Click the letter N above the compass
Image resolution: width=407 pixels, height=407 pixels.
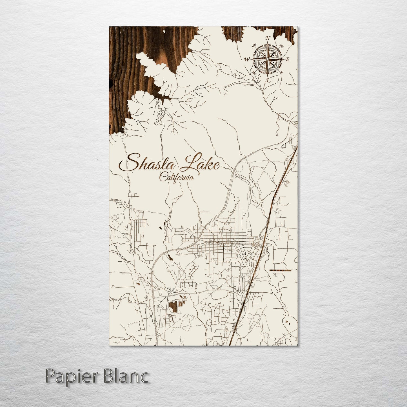coord(268,38)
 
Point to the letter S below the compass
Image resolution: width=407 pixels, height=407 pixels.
coord(267,80)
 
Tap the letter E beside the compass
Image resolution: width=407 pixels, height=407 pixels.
coord(288,59)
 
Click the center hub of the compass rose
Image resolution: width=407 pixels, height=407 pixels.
coord(267,59)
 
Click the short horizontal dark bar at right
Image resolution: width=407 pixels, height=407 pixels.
coord(280,270)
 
